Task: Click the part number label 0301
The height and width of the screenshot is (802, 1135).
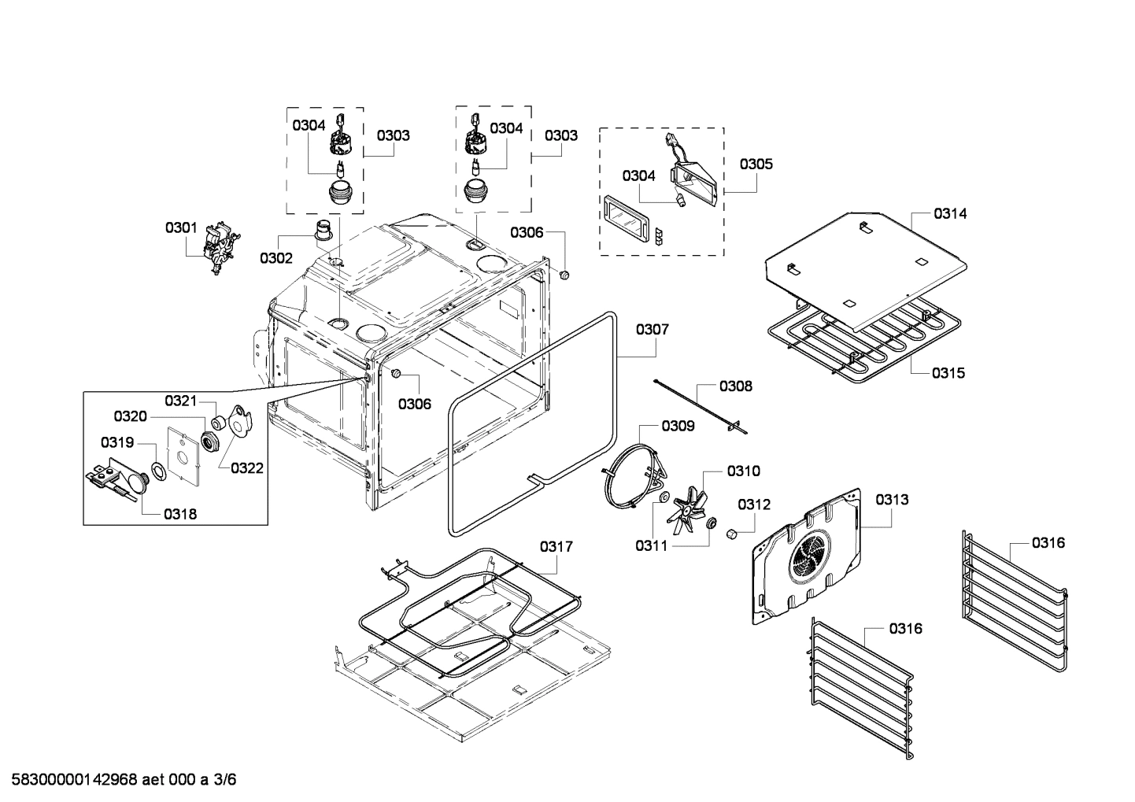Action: (180, 228)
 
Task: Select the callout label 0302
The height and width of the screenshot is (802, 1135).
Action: (276, 258)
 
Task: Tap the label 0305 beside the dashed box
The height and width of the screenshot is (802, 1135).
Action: (756, 164)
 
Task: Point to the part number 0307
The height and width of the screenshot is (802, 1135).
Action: (653, 329)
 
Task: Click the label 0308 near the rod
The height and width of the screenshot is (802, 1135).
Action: (735, 386)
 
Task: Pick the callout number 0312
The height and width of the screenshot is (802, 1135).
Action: (754, 504)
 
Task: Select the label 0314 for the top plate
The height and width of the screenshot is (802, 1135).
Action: (951, 213)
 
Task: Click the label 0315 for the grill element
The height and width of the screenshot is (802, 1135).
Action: (948, 373)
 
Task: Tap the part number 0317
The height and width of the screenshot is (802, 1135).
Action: (556, 546)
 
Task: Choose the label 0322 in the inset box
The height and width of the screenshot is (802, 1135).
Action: (247, 468)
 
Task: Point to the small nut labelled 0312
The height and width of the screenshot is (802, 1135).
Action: (730, 534)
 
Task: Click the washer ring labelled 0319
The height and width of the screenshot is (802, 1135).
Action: (157, 471)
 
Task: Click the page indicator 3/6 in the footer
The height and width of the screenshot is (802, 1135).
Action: (225, 780)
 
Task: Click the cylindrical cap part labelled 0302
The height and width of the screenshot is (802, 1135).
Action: (323, 230)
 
